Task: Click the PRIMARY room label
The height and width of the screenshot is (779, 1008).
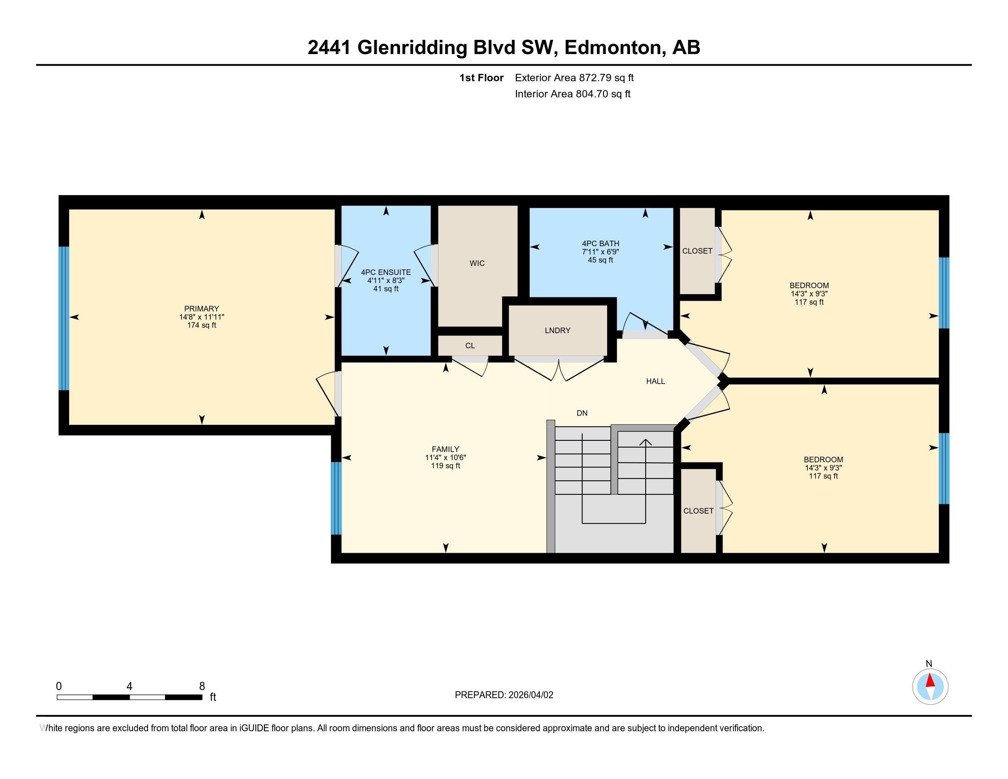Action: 201,309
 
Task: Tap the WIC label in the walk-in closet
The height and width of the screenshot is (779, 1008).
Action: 477,263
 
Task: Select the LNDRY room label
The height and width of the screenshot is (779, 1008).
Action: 558,330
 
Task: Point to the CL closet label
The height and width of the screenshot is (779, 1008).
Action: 470,346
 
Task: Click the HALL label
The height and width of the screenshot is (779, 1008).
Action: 655,381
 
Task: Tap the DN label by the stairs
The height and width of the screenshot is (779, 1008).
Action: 582,413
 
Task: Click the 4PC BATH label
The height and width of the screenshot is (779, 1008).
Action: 601,244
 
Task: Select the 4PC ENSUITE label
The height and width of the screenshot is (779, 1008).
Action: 386,273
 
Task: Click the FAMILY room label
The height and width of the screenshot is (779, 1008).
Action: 445,449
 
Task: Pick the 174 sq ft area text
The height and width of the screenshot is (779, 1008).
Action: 201,325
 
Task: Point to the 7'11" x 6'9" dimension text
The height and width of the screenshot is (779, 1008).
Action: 601,252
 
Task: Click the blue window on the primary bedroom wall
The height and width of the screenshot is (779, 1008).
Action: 64,318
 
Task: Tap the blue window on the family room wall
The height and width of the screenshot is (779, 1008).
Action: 336,499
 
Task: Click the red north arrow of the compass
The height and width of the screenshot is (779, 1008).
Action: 931,680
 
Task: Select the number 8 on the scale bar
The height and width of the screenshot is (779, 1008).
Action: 202,686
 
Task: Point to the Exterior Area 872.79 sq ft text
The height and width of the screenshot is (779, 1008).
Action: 574,78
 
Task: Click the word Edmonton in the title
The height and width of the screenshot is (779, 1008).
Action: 614,48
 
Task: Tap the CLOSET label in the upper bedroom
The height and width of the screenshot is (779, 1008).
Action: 697,251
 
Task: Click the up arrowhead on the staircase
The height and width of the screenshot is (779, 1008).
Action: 645,442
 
